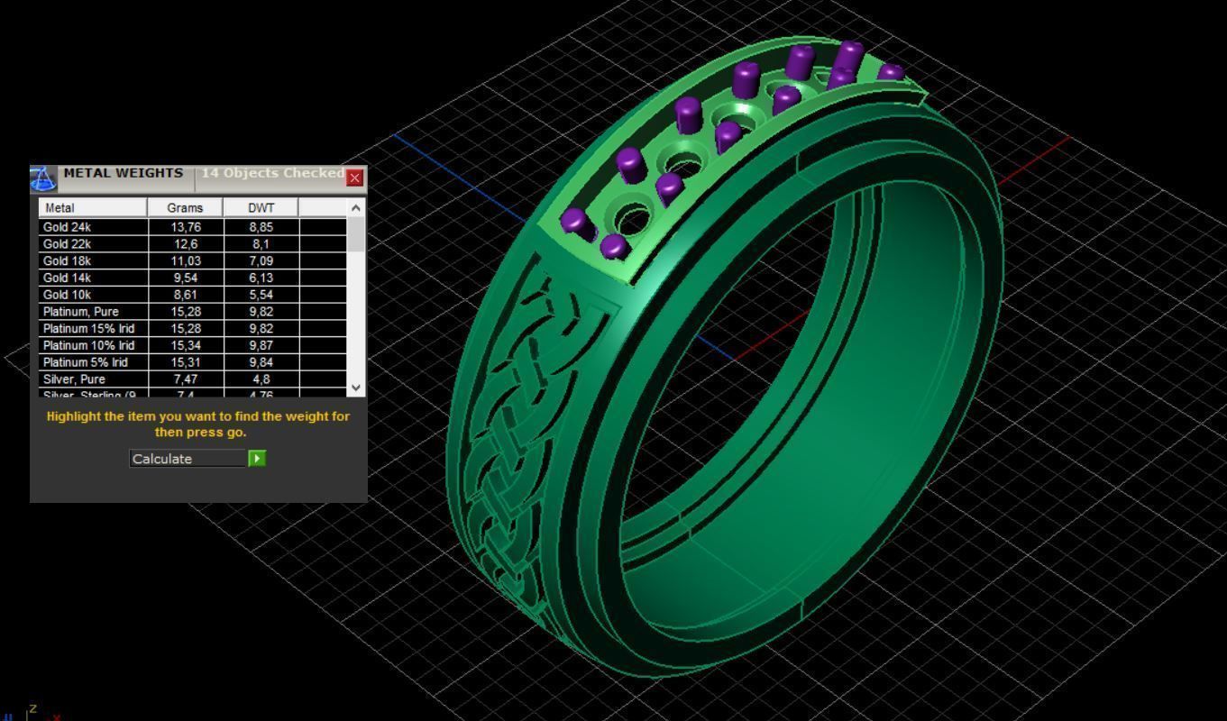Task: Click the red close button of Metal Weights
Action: point(355,178)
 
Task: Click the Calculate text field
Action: point(188,459)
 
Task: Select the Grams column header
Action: point(185,208)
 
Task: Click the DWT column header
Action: point(261,208)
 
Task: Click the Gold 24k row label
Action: point(67,227)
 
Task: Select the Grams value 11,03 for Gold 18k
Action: point(185,260)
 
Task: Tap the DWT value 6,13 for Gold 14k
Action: point(261,278)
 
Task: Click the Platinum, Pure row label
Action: point(80,312)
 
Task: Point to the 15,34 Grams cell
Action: point(185,345)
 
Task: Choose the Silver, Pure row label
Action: point(74,379)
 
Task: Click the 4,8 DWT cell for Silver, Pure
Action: point(261,379)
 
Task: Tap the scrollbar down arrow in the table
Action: point(356,388)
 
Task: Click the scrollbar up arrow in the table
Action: point(356,208)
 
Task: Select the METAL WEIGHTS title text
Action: point(123,173)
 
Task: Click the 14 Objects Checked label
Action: point(272,173)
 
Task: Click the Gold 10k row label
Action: point(67,295)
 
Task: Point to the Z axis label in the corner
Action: point(32,709)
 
